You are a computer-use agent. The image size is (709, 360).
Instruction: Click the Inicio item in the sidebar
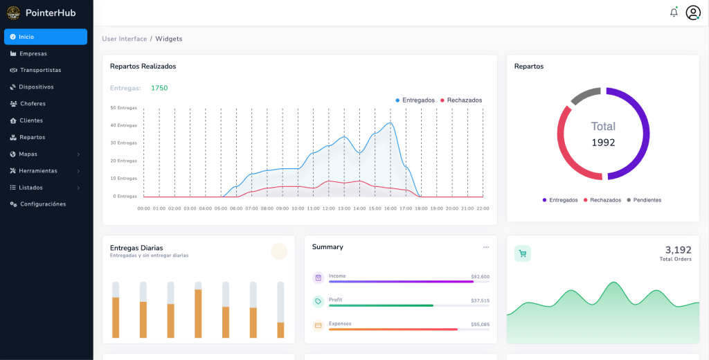(26, 37)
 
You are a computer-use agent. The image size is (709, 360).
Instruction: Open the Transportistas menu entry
(40, 70)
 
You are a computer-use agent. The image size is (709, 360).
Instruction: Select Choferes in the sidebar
(33, 104)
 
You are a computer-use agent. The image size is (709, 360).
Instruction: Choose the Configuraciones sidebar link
(43, 204)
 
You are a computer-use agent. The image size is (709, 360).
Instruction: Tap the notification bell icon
(674, 12)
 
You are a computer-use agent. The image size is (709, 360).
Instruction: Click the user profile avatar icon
(693, 12)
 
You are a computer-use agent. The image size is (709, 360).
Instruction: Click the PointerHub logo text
(51, 12)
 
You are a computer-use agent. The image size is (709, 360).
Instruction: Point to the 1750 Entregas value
(159, 88)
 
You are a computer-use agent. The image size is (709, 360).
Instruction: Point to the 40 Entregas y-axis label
(123, 125)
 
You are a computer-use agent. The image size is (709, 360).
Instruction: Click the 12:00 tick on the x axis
(329, 208)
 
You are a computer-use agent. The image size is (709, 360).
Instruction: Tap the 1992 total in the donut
(603, 143)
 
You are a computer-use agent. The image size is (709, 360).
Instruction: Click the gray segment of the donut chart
(585, 96)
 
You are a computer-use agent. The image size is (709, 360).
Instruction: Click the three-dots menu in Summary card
(486, 247)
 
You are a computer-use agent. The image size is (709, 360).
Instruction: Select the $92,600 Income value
(480, 276)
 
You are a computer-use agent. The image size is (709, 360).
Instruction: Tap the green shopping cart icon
(523, 253)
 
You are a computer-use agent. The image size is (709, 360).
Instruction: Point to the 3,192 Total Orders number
(678, 250)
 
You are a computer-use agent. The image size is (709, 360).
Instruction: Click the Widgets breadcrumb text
(169, 39)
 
